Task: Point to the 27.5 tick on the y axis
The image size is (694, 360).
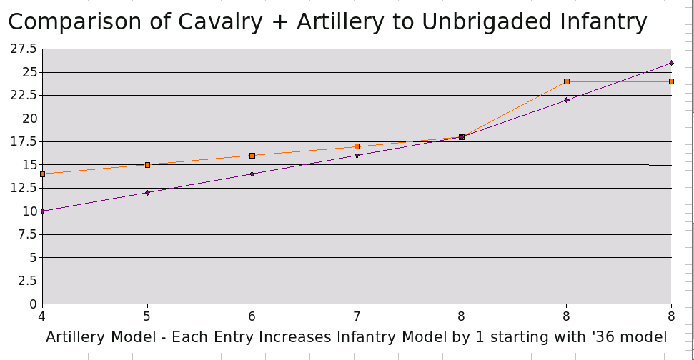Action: [x=24, y=49]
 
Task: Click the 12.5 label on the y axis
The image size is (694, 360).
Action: [x=24, y=188]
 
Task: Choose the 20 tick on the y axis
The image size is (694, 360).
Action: [x=29, y=119]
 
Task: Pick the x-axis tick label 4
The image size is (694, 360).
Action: [x=42, y=316]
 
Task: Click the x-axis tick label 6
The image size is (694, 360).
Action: [x=252, y=316]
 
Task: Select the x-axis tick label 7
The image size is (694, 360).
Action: [x=357, y=316]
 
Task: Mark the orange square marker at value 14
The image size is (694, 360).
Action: [x=43, y=174]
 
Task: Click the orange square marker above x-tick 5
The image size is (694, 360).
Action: [x=147, y=165]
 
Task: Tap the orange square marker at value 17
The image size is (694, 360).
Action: [x=357, y=146]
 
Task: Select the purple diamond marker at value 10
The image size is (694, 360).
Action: [x=43, y=211]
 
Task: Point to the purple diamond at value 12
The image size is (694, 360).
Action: [x=147, y=193]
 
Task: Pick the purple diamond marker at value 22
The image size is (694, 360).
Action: [x=566, y=100]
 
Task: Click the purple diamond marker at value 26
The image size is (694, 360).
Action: [x=671, y=63]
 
